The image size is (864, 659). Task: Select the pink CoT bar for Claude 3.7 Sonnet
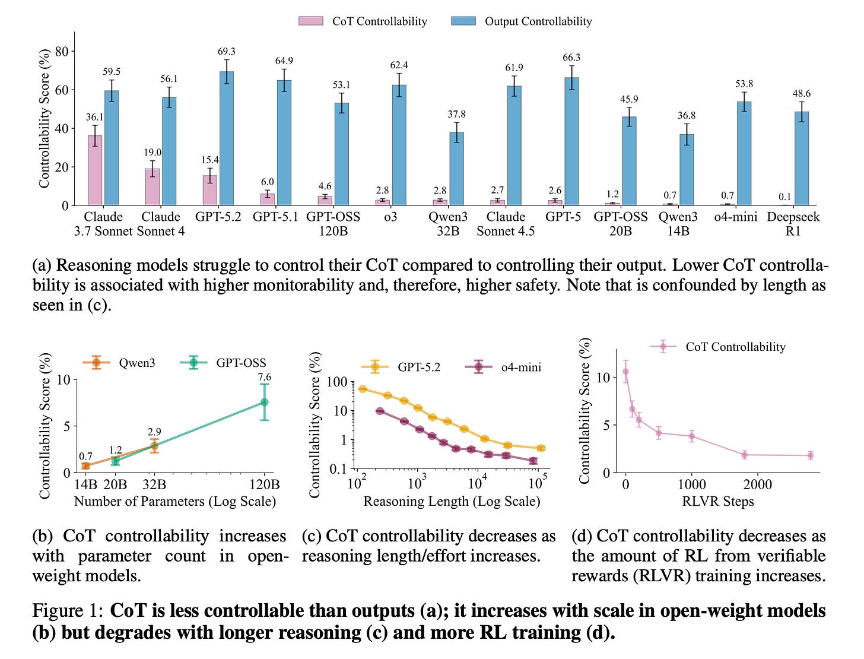tap(95, 170)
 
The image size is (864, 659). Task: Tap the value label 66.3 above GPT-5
tap(571, 58)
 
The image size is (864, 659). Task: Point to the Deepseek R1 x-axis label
tap(793, 224)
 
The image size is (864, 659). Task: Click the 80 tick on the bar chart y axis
tap(61, 52)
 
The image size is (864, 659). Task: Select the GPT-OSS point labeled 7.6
tap(264, 402)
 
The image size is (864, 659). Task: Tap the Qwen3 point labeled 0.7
tap(85, 466)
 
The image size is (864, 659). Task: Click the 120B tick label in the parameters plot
tap(264, 484)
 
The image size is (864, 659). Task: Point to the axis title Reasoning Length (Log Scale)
tap(452, 502)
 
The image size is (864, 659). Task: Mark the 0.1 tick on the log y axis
tap(337, 469)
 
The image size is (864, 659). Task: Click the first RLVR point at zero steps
tap(625, 372)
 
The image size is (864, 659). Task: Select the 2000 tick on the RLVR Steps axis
tap(758, 484)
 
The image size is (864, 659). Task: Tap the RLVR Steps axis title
tap(717, 502)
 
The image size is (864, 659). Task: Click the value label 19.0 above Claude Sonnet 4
tap(153, 153)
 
